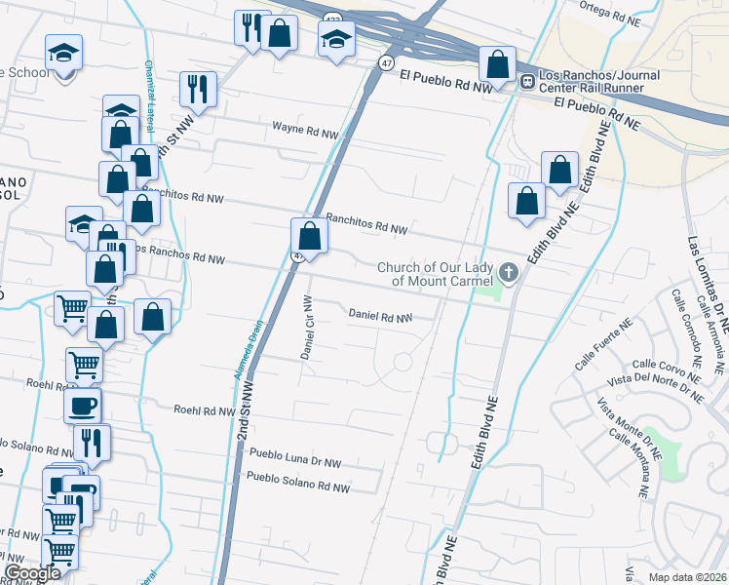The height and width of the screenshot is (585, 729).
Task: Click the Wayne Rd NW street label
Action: [x=305, y=128]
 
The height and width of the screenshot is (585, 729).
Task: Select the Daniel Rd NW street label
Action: [x=380, y=317]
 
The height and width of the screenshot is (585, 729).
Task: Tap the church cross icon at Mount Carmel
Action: [x=508, y=272]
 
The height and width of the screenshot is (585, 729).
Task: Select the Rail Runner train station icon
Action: [x=526, y=81]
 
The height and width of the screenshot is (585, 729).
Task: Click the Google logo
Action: [x=31, y=573]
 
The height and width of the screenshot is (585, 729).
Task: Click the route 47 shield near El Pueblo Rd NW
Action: [x=386, y=62]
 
